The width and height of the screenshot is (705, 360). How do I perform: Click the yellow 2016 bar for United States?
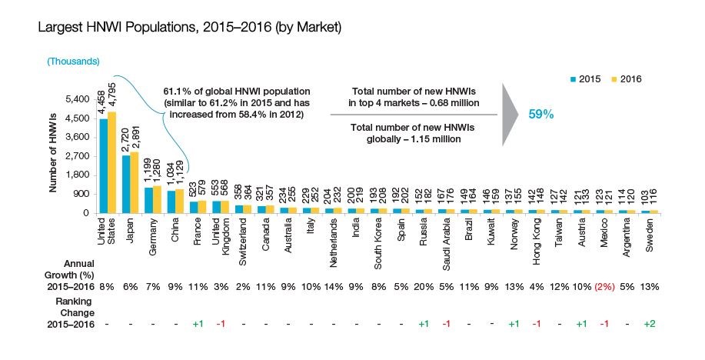[111, 162]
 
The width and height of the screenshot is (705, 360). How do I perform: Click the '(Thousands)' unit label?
[73, 60]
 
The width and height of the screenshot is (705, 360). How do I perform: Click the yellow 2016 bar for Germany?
[157, 199]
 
